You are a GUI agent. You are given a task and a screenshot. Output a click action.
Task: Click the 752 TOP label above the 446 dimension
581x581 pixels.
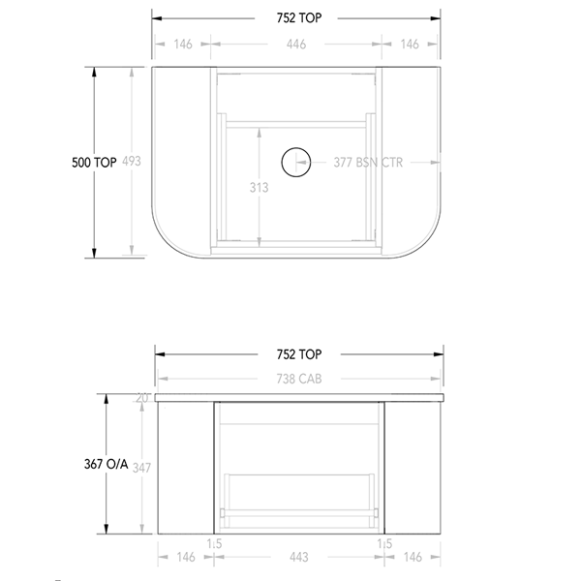click(297, 16)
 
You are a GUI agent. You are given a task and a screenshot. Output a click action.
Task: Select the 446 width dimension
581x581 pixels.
click(296, 44)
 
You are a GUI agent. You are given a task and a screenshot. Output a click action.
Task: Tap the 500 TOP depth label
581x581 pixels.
click(94, 163)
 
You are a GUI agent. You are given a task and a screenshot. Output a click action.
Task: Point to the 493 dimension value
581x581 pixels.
click(133, 163)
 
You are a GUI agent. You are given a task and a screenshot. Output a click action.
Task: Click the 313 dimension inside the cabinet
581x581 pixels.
click(259, 187)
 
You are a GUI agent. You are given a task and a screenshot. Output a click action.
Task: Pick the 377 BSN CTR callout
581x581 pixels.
click(367, 163)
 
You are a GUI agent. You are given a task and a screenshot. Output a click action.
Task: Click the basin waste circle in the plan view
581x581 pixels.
click(295, 163)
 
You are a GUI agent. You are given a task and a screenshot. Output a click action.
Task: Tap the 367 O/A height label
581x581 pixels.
click(108, 465)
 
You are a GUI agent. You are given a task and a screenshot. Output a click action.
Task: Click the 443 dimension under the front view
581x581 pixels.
click(297, 557)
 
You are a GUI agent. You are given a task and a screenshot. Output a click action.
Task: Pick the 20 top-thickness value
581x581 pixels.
click(143, 398)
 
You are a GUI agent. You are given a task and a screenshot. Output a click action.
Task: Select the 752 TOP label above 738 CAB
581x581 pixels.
click(297, 354)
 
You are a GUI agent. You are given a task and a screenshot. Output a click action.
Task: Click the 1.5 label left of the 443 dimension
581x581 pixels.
click(214, 544)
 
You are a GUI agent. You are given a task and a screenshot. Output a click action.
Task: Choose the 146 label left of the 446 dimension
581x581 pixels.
click(181, 44)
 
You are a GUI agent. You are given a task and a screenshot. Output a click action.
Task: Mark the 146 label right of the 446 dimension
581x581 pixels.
click(412, 44)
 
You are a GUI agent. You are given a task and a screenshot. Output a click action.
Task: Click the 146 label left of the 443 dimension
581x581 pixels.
click(184, 557)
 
